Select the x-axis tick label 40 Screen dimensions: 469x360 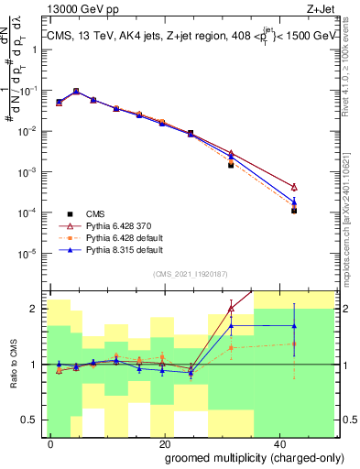[278, 442]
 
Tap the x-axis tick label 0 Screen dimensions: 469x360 [51, 442]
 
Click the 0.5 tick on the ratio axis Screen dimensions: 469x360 [32, 420]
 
